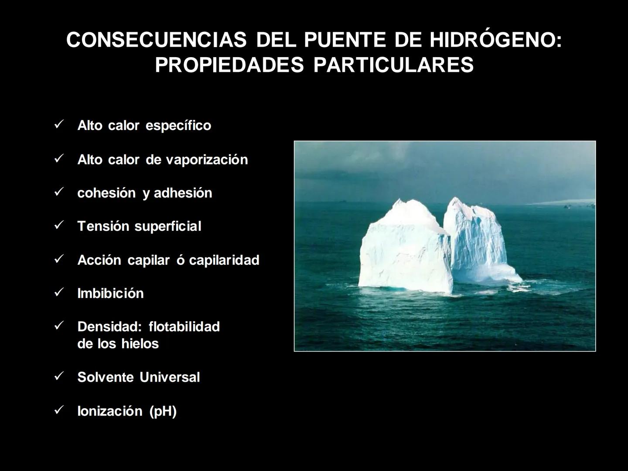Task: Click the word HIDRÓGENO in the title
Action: pos(495,40)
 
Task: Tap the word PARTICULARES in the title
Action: pos(393,65)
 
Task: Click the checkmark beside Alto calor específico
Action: pos(59,125)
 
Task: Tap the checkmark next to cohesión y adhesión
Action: pos(59,192)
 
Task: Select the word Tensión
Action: pos(103,226)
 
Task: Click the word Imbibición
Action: pos(110,293)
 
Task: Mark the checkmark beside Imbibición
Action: pos(59,292)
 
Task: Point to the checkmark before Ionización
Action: pos(59,410)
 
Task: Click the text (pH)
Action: pos(163,411)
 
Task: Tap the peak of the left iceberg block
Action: pos(399,201)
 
